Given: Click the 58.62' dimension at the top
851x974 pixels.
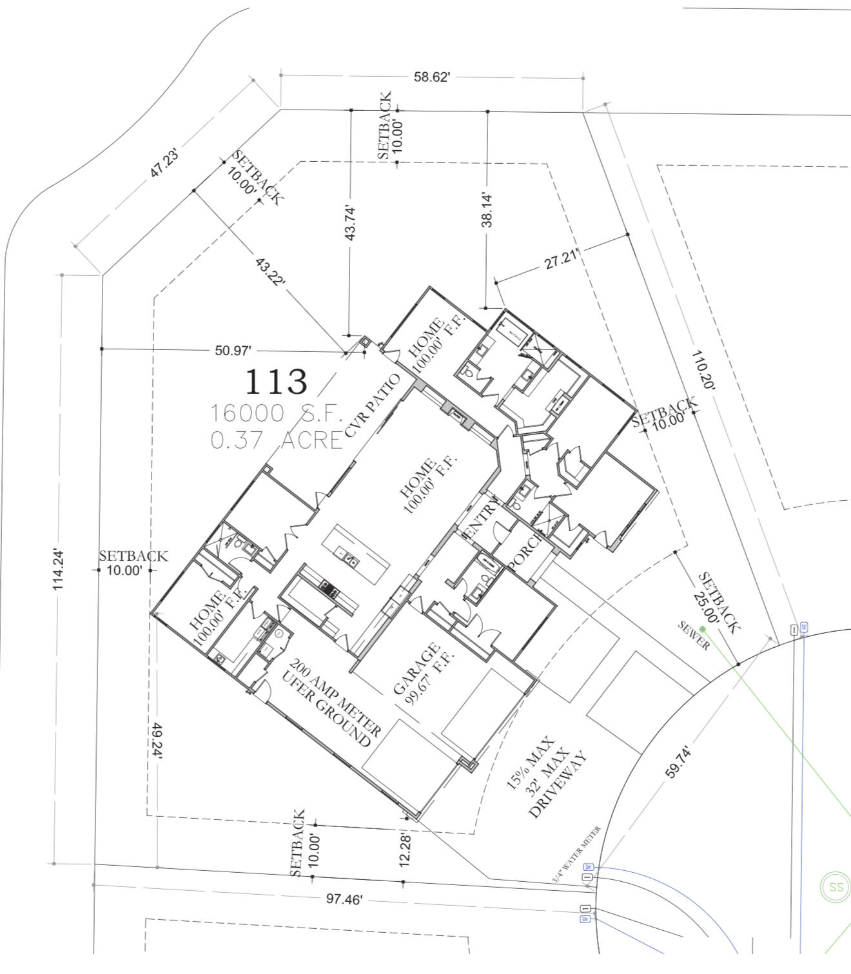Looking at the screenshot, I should [x=431, y=77].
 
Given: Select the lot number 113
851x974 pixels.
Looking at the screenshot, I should [x=276, y=382].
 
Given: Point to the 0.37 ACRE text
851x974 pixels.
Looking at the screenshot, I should [x=276, y=440].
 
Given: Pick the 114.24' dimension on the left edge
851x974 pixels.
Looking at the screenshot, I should [x=59, y=570].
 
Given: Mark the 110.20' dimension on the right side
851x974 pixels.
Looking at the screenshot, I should [x=703, y=370].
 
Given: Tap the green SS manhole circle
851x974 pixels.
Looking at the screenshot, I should [x=836, y=887].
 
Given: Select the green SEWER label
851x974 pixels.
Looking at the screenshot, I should [x=694, y=636].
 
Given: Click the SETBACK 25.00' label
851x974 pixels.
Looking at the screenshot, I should [x=716, y=603].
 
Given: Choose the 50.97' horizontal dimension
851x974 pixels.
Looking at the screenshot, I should [x=232, y=351].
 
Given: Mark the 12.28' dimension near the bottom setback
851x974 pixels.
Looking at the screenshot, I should [x=405, y=849].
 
